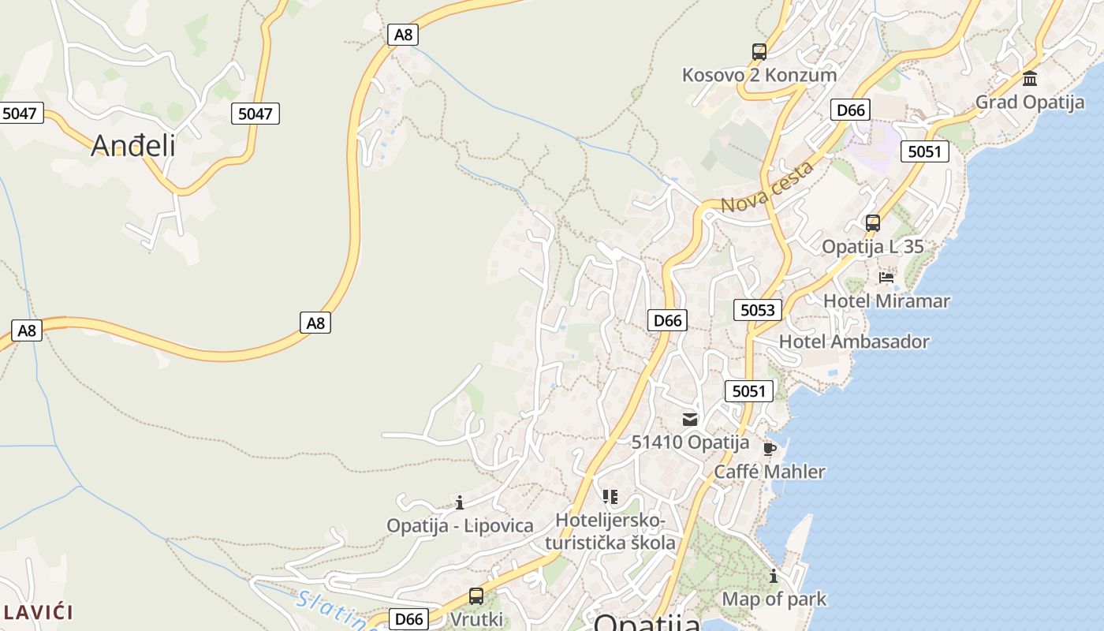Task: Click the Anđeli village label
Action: [132, 145]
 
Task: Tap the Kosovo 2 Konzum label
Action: [759, 75]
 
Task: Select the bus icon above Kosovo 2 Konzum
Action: [759, 52]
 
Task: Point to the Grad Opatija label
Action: [1030, 102]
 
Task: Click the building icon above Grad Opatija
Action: [1030, 79]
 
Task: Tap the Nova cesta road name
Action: [766, 188]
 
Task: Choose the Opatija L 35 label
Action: [872, 246]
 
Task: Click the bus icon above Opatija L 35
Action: [872, 223]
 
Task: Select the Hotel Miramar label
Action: [886, 301]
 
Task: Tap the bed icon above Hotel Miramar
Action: [886, 278]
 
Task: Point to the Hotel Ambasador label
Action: [854, 342]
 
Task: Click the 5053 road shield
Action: [758, 310]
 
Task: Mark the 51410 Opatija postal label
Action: [690, 442]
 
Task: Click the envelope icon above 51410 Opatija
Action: [690, 420]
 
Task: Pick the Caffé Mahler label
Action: [769, 472]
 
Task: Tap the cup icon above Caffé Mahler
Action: [770, 449]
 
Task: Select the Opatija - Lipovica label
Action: [460, 525]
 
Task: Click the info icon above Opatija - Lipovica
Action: [460, 502]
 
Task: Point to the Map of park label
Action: [774, 599]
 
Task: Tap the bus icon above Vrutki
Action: [476, 596]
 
